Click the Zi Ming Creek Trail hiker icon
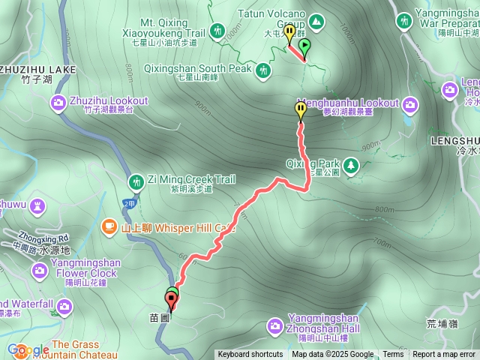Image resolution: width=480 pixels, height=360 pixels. [x=136, y=181]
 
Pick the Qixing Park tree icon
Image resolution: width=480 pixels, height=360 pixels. [x=349, y=164]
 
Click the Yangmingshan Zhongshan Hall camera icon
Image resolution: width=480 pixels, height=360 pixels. [x=275, y=325]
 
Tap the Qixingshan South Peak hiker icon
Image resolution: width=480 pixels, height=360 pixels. [x=263, y=70]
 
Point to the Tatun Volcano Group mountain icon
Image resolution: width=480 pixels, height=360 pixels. [x=316, y=22]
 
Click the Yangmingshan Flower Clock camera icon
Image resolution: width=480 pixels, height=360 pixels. [x=40, y=269]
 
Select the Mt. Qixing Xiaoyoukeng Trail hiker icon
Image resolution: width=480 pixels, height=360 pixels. [x=217, y=31]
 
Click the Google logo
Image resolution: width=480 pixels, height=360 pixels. [x=28, y=349]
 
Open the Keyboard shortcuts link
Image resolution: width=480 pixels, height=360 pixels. [x=250, y=355]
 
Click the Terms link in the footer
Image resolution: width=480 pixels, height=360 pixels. [x=393, y=355]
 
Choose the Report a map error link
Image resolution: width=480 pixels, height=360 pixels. [x=444, y=355]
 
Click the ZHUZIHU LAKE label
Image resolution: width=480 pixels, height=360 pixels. [x=37, y=69]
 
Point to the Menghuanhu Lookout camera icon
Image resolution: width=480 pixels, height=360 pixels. [x=410, y=103]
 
